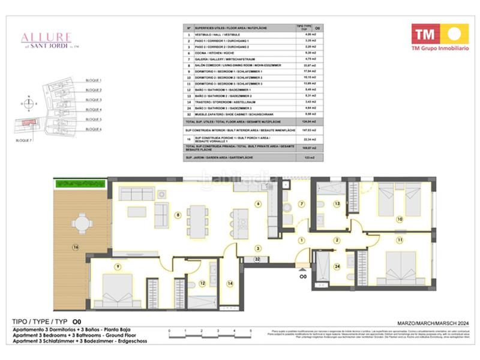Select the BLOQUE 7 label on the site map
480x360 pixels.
coord(25,139)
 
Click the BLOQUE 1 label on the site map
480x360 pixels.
coord(94,80)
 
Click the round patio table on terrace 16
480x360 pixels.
coord(82,224)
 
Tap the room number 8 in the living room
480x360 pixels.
coord(177,214)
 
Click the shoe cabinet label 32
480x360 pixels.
coord(256,259)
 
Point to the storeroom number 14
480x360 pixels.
coord(229,282)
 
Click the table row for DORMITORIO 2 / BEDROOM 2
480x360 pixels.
coord(240,77)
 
